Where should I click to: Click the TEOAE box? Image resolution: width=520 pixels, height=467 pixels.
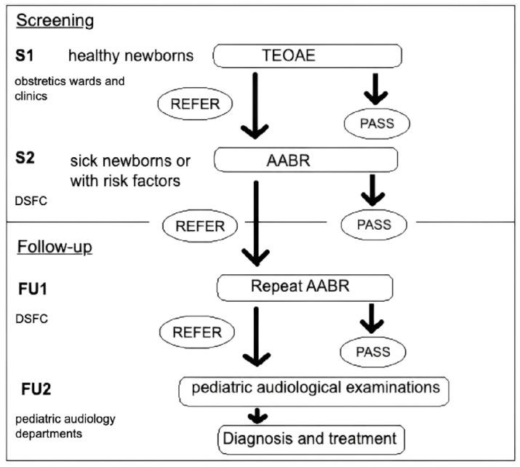pyautogui.click(x=307, y=55)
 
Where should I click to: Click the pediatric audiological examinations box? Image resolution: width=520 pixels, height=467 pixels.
pyautogui.click(x=314, y=389)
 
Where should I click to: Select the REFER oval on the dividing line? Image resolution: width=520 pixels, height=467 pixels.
pyautogui.click(x=195, y=225)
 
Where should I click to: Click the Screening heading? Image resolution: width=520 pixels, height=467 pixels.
pyautogui.click(x=55, y=20)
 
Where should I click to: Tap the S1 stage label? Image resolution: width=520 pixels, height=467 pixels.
pyautogui.click(x=26, y=55)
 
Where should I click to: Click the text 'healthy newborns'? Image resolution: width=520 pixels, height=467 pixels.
pyautogui.click(x=132, y=55)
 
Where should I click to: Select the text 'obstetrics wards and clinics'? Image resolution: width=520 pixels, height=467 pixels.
pyautogui.click(x=57, y=87)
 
